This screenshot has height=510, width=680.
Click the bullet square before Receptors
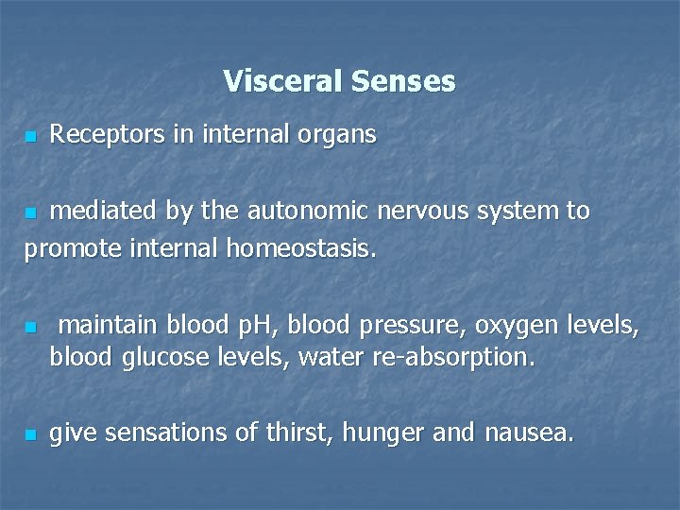(x=30, y=138)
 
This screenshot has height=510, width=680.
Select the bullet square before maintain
(x=30, y=329)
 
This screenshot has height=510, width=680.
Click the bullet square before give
(x=30, y=435)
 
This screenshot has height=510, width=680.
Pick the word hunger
(x=373, y=434)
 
